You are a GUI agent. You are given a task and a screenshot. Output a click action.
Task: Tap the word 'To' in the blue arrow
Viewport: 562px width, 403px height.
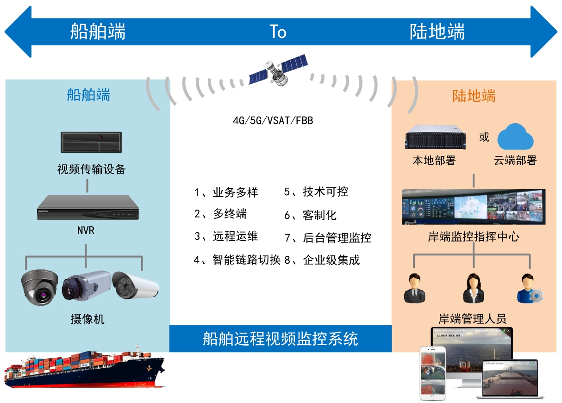tap(278, 32)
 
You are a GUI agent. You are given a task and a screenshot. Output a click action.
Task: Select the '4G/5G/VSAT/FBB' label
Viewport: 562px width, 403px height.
tap(273, 121)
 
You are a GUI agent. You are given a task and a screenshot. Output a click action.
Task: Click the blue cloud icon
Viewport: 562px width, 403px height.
tap(515, 136)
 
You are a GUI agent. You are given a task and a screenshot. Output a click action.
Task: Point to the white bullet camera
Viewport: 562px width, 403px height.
tap(136, 285)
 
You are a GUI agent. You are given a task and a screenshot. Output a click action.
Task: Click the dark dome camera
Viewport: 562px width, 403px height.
tap(40, 287)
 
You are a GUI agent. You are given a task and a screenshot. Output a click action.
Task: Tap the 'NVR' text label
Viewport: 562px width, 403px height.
tap(86, 230)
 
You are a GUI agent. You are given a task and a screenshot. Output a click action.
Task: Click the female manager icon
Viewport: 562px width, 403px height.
tap(473, 289)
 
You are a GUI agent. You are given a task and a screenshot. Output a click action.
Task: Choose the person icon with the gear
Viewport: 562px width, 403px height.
tap(528, 289)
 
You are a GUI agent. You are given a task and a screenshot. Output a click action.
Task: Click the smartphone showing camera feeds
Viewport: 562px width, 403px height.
tap(432, 372)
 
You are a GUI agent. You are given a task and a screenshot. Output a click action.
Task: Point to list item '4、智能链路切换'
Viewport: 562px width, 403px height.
tap(237, 260)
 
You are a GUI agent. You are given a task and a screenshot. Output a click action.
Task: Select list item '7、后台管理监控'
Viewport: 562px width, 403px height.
tap(328, 238)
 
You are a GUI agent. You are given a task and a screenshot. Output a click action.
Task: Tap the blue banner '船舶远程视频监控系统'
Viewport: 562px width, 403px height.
tap(281, 339)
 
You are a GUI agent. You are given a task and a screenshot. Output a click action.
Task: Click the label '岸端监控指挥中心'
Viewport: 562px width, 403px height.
tap(474, 237)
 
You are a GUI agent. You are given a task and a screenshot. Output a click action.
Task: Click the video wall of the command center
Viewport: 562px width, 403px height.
tap(473, 207)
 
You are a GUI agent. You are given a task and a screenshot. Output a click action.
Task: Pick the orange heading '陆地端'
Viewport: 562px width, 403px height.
tap(474, 96)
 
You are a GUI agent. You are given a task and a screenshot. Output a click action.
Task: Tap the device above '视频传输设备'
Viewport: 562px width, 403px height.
tap(91, 142)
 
